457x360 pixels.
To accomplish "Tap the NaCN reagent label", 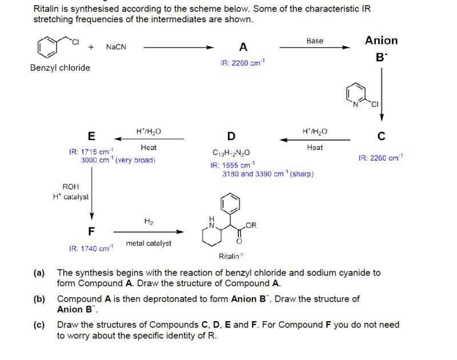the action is [x=115, y=47].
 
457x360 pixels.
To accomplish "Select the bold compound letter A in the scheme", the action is [x=243, y=47].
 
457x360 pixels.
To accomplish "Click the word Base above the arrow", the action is [x=315, y=41].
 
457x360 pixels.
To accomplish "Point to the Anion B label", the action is [x=381, y=48].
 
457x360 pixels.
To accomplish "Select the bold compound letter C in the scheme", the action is [x=381, y=136].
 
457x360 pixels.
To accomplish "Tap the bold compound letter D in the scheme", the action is [x=231, y=136].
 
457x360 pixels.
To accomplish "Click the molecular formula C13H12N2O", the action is [x=231, y=153].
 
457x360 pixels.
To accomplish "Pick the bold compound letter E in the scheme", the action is [x=91, y=136].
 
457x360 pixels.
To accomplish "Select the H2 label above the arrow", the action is [x=149, y=222].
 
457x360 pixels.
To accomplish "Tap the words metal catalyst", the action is [x=149, y=243].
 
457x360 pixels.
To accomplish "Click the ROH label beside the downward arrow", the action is [x=71, y=187].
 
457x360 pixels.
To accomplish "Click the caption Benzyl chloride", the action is [x=60, y=67].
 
